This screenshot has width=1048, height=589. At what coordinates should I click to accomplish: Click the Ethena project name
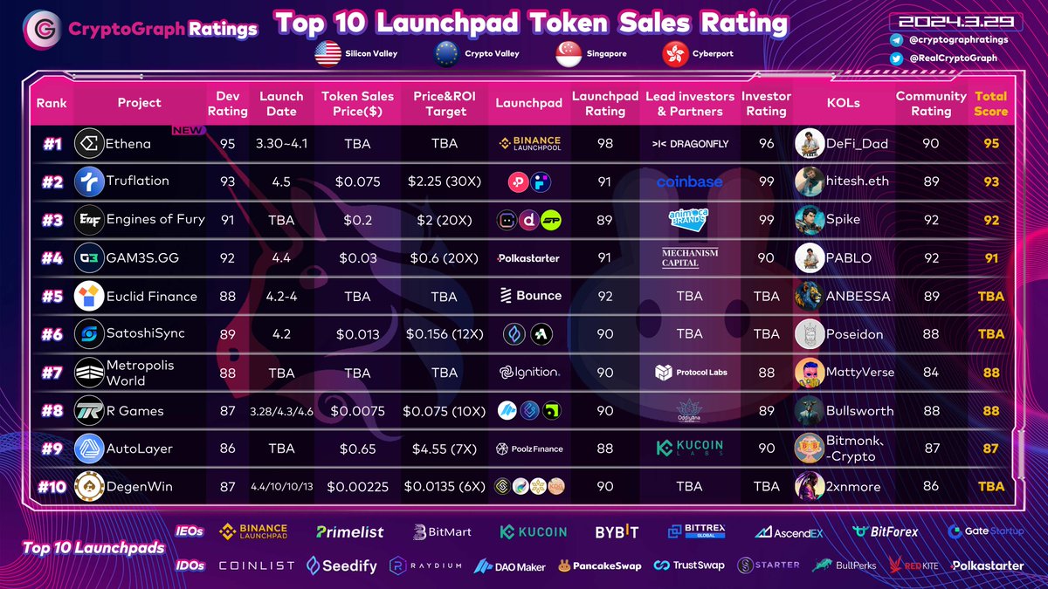pyautogui.click(x=128, y=144)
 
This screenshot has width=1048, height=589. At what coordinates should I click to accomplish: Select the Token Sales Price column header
pyautogui.click(x=357, y=103)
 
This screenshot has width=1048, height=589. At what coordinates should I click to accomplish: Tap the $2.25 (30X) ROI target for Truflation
pyautogui.click(x=444, y=181)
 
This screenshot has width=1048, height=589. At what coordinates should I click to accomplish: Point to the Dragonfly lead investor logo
pyautogui.click(x=690, y=144)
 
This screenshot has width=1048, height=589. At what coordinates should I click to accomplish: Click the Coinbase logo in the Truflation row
pyautogui.click(x=690, y=181)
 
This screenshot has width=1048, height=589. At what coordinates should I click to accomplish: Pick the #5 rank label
pyautogui.click(x=52, y=296)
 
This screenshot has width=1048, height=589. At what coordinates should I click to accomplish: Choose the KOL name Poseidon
pyautogui.click(x=855, y=333)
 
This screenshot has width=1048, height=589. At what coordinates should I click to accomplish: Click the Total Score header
pyautogui.click(x=990, y=103)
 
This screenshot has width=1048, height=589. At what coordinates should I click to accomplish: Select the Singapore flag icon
pyautogui.click(x=569, y=54)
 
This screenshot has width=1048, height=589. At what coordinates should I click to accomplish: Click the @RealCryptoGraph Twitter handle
pyautogui.click(x=960, y=58)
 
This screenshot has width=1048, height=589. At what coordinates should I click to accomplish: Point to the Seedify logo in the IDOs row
pyautogui.click(x=342, y=565)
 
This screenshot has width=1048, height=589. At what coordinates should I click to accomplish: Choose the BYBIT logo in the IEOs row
pyautogui.click(x=617, y=531)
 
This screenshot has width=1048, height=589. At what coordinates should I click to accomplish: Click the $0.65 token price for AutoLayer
pyautogui.click(x=357, y=449)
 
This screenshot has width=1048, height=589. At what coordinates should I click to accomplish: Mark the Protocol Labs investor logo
pyautogui.click(x=690, y=373)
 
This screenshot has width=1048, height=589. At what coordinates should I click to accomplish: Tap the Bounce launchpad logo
pyautogui.click(x=530, y=296)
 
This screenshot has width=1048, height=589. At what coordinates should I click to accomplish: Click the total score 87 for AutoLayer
pyautogui.click(x=990, y=449)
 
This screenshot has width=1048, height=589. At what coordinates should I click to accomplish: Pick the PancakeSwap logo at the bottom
pyautogui.click(x=600, y=565)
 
